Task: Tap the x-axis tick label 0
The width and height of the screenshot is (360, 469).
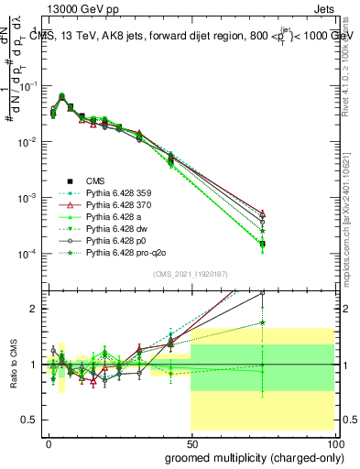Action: point(49,442)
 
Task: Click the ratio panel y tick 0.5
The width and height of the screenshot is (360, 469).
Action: point(26,420)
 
